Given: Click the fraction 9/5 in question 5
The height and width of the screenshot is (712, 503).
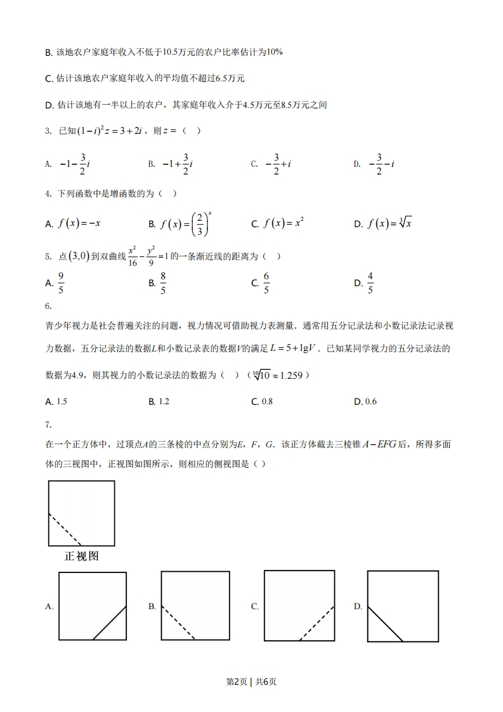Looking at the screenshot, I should click(62, 283).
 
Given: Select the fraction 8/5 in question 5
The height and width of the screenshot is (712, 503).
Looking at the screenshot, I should click(163, 283).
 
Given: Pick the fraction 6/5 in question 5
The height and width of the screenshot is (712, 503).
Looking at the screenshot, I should click(266, 283).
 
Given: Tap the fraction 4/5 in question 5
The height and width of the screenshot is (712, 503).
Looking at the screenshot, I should click(370, 283).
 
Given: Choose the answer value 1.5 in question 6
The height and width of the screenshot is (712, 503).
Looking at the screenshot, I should click(62, 402).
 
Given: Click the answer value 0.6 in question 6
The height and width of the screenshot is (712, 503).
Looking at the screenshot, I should click(370, 402).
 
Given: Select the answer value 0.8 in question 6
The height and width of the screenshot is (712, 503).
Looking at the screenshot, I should click(266, 402).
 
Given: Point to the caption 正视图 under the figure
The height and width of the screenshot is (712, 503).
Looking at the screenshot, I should click(81, 557).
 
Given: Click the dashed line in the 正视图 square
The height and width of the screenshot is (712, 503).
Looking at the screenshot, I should click(65, 529).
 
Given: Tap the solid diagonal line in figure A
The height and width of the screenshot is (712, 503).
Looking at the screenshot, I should click(110, 623).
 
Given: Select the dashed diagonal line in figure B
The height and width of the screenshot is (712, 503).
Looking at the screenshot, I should click(178, 623).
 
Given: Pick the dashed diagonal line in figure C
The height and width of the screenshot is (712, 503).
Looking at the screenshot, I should click(317, 623).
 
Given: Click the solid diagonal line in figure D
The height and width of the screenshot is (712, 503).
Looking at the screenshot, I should click(386, 623).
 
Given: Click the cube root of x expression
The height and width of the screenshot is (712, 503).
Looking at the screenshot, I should click(403, 223).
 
